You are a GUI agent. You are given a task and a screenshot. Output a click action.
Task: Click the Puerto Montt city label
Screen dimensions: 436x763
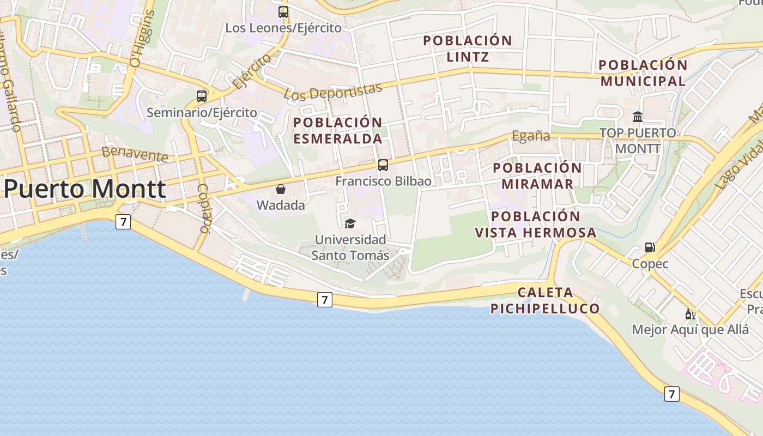coord(84,189)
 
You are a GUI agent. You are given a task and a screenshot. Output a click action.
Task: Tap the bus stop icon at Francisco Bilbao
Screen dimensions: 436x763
coord(383,165)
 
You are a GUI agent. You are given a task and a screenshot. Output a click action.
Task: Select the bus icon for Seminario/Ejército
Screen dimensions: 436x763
coord(202,96)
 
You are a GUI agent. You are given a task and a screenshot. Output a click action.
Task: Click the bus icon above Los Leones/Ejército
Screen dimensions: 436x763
coord(283,11)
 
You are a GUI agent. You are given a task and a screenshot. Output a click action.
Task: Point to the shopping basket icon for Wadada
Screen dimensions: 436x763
coord(281,189)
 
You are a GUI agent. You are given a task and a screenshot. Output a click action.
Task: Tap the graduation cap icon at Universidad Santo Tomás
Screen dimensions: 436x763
coord(350,223)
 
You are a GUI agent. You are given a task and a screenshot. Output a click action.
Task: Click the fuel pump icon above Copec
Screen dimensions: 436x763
coord(650,247)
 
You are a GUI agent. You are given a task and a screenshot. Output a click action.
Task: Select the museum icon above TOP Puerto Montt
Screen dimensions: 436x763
coord(637,117)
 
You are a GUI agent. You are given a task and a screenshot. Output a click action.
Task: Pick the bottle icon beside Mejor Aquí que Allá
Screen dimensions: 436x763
coord(690,314)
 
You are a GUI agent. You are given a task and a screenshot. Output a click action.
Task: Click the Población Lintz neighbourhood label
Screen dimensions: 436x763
coord(468,49)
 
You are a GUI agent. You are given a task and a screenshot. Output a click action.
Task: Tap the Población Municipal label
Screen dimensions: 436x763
coord(643,73)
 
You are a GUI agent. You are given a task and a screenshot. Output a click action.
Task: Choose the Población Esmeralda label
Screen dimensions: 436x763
coord(338,130)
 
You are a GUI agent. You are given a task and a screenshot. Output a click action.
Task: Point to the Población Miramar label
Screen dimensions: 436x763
coord(537,175)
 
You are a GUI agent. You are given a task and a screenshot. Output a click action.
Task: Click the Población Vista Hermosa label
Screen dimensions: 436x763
coord(536,225)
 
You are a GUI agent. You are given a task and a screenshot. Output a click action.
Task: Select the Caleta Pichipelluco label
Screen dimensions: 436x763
coord(545,300)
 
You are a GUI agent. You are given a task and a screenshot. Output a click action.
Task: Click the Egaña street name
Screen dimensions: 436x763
coord(531,136)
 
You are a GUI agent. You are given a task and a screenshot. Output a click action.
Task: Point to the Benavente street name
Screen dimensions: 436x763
coord(135,154)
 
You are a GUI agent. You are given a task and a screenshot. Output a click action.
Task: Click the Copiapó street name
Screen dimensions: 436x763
coord(203,208)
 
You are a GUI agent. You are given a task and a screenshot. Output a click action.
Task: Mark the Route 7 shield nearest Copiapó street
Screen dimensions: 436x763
coord(123,222)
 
